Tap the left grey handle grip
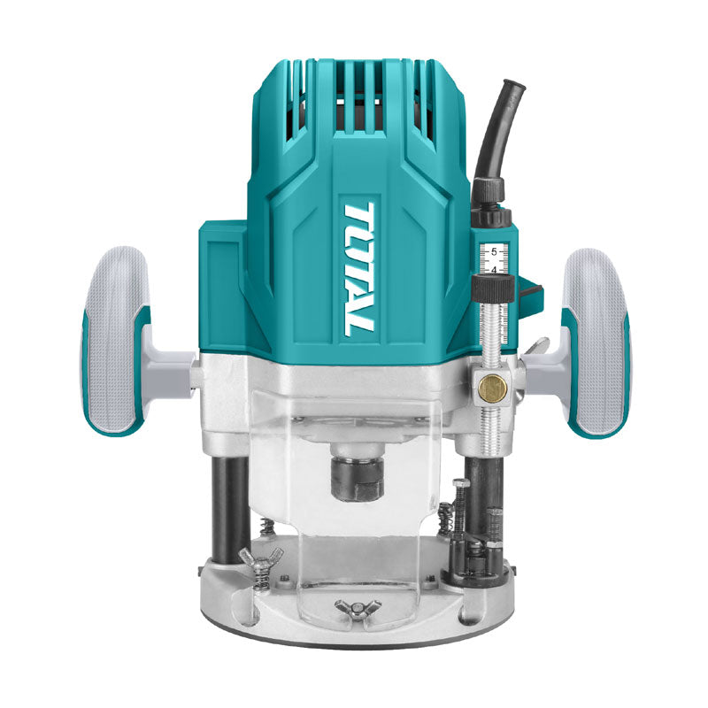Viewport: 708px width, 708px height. coord(116,341)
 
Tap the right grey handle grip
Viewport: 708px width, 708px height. coord(594,341)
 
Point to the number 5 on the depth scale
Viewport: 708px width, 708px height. coord(494,251)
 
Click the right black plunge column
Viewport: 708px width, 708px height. coord(489,496)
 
